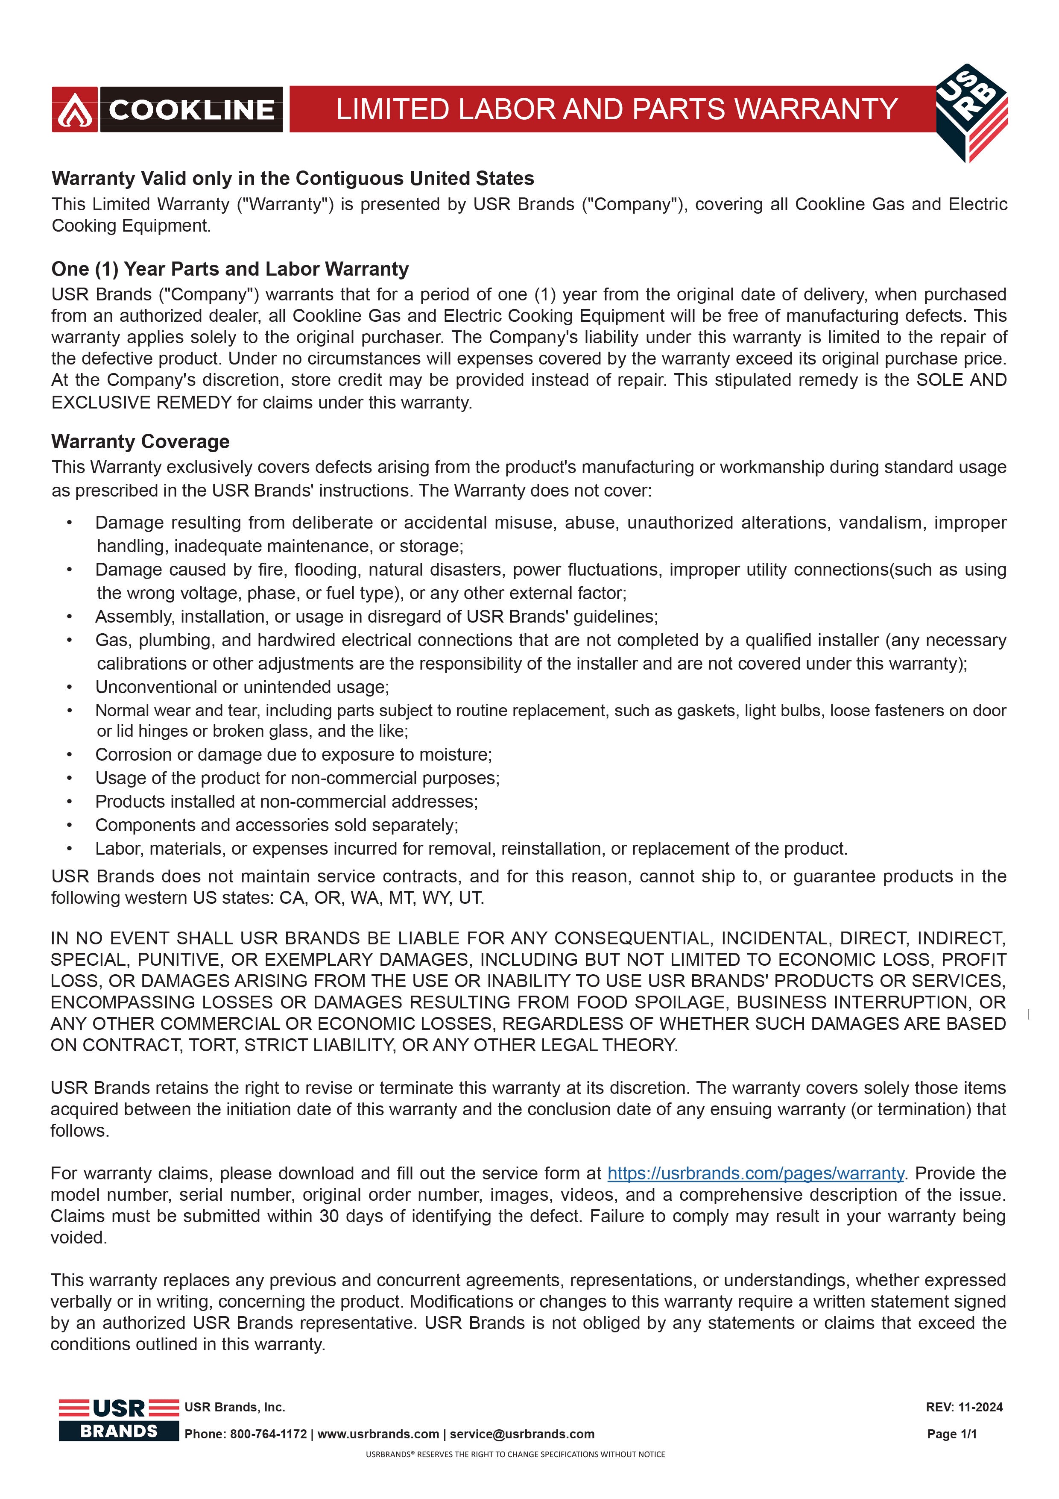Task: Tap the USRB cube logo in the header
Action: (971, 112)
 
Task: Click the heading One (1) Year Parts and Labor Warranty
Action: (230, 269)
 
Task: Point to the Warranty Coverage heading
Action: (140, 441)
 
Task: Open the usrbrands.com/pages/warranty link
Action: (755, 1173)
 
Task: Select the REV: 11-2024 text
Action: (964, 1407)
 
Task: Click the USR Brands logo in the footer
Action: (118, 1420)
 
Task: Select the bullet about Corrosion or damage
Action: (294, 755)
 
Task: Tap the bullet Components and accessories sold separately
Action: (277, 825)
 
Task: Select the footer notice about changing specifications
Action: (515, 1455)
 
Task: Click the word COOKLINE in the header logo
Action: (191, 110)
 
